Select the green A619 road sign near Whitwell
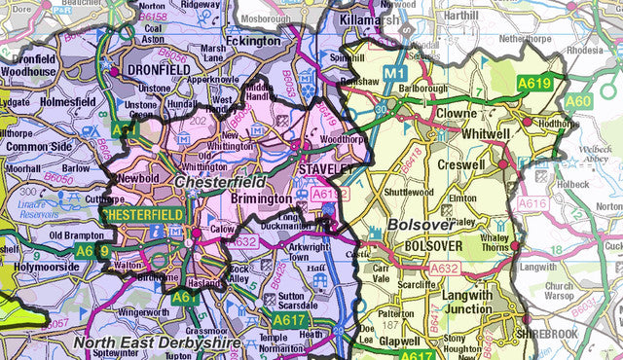[534, 84]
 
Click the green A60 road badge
[578, 101]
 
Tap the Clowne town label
[457, 113]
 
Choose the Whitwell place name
[487, 132]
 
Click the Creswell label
[461, 165]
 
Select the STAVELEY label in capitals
[324, 169]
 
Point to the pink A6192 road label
[330, 195]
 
